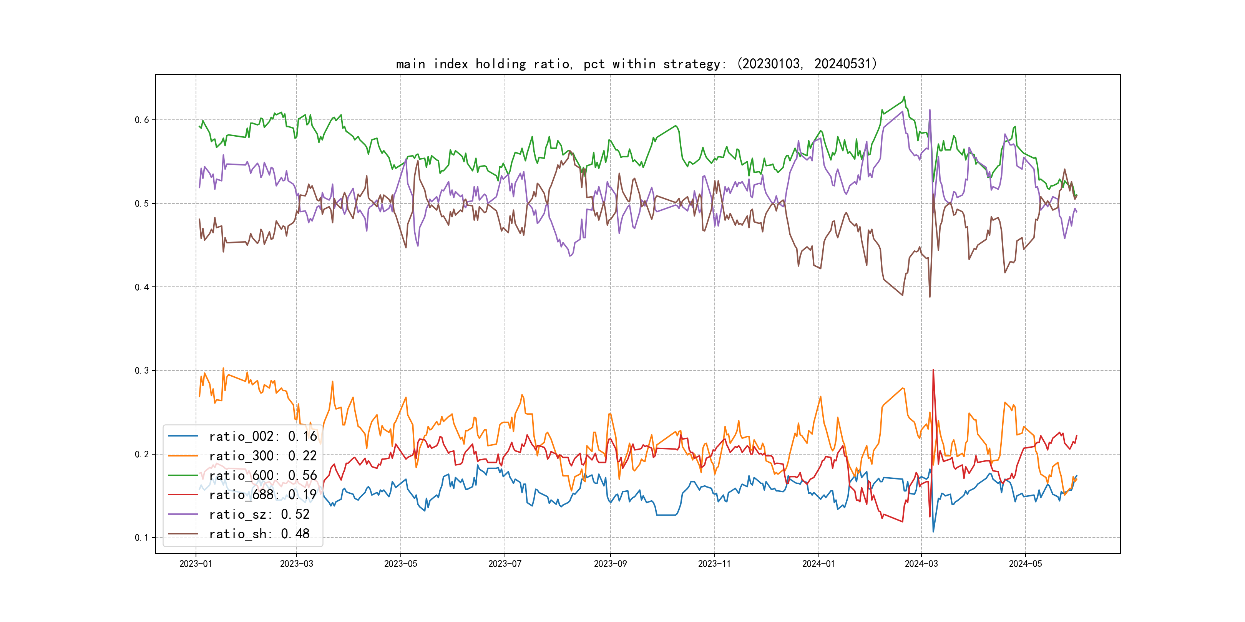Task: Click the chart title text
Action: pyautogui.click(x=636, y=64)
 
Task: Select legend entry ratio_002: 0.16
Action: pyautogui.click(x=262, y=437)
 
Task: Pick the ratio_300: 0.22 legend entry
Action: pyautogui.click(x=262, y=456)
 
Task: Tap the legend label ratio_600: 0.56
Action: pyautogui.click(x=262, y=476)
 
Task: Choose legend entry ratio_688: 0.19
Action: pyautogui.click(x=262, y=495)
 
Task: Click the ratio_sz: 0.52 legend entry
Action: pyautogui.click(x=259, y=514)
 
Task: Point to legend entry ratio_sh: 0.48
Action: pyautogui.click(x=259, y=534)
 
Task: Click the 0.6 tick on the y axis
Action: pyautogui.click(x=142, y=120)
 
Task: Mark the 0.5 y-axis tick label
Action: pyautogui.click(x=142, y=203)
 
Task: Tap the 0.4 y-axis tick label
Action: pyautogui.click(x=142, y=287)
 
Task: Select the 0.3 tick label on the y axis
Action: pyautogui.click(x=142, y=371)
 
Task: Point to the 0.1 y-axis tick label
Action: pyautogui.click(x=142, y=538)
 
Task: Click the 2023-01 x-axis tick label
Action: pyautogui.click(x=196, y=564)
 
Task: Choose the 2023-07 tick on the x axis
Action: pyautogui.click(x=505, y=564)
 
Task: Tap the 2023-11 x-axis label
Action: pyautogui.click(x=714, y=564)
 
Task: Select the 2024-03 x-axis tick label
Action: pyautogui.click(x=921, y=564)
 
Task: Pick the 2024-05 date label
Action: pyautogui.click(x=1025, y=564)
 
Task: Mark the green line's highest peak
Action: pyautogui.click(x=904, y=97)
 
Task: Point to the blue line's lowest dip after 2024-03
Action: pyautogui.click(x=933, y=532)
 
